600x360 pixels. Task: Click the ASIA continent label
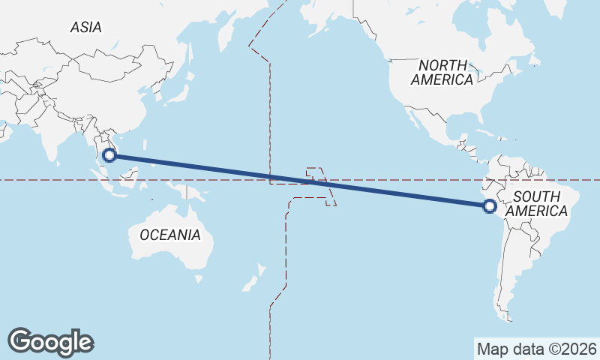tap(86, 27)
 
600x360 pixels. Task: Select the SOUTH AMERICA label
tap(536, 204)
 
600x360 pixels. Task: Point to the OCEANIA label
tap(170, 235)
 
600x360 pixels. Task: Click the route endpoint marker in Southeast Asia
tap(109, 155)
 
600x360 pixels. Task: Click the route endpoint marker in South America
tap(490, 205)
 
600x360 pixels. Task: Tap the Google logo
tap(50, 341)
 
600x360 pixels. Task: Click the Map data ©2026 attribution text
tap(537, 349)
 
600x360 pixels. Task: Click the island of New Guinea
tap(193, 193)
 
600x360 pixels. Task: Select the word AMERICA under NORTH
tap(442, 79)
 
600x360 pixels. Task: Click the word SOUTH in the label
tap(536, 196)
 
